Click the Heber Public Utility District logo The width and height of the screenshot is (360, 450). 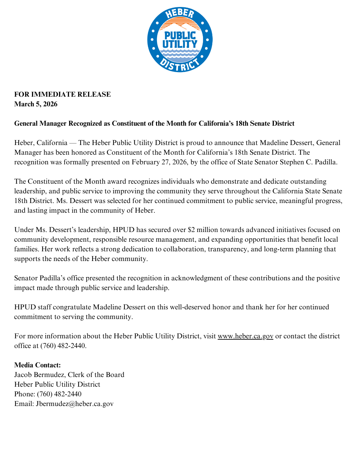coord(180,40)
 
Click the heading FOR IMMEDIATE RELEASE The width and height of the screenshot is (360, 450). coord(62,94)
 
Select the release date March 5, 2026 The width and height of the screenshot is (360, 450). coord(36,104)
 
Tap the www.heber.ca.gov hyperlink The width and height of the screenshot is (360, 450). coord(245,336)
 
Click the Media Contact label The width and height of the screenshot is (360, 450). coord(37,365)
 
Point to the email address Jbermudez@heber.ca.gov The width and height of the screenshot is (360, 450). coord(75,404)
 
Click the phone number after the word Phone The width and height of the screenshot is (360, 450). coord(59,394)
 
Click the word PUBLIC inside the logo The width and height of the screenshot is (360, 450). coord(180,35)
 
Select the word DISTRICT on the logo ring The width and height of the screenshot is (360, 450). coord(180,65)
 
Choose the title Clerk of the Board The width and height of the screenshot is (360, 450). coord(96,375)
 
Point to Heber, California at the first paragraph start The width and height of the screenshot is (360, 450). coord(41,143)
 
